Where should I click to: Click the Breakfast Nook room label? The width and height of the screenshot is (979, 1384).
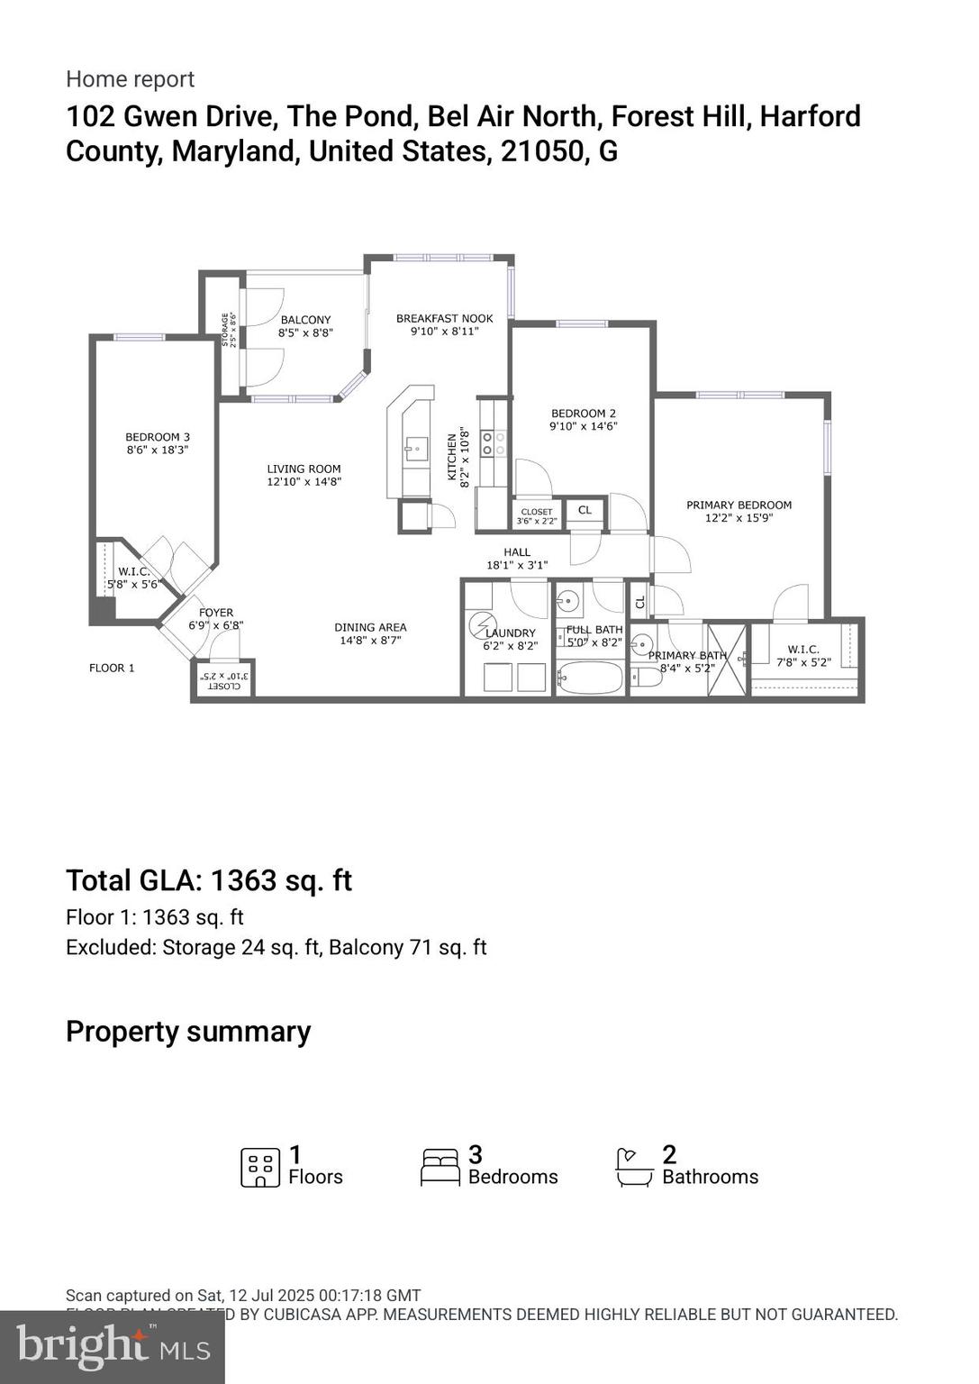(x=444, y=318)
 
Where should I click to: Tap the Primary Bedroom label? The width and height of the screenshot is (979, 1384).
(x=739, y=505)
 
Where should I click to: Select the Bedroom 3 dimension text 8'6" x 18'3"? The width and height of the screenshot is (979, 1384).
(x=158, y=450)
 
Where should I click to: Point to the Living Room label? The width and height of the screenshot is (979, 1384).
(x=304, y=469)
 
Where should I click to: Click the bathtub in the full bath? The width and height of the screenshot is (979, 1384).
(x=589, y=678)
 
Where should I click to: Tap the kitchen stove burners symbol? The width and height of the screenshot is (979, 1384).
(x=493, y=442)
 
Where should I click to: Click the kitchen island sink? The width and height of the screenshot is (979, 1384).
(x=415, y=448)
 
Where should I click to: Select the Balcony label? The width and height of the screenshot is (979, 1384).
(x=305, y=320)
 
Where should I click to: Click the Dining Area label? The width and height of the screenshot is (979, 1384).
(x=370, y=627)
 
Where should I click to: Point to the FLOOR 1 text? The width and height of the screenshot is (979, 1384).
(x=112, y=668)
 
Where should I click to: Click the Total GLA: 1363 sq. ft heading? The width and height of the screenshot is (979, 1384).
(x=209, y=880)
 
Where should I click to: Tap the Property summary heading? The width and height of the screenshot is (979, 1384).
(x=188, y=1031)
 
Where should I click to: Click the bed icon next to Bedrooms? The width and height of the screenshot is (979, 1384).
(x=440, y=1167)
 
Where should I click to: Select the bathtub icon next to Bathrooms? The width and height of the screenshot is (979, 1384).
(x=634, y=1167)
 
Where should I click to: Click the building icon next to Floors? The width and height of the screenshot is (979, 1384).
(x=259, y=1167)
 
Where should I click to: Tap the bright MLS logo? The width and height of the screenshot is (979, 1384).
(x=113, y=1347)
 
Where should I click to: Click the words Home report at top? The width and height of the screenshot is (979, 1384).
(x=130, y=79)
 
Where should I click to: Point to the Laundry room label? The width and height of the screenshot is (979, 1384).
(x=510, y=633)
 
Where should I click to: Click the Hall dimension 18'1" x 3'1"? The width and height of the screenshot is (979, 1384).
(x=517, y=565)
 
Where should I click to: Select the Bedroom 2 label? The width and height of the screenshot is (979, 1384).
(x=583, y=414)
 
